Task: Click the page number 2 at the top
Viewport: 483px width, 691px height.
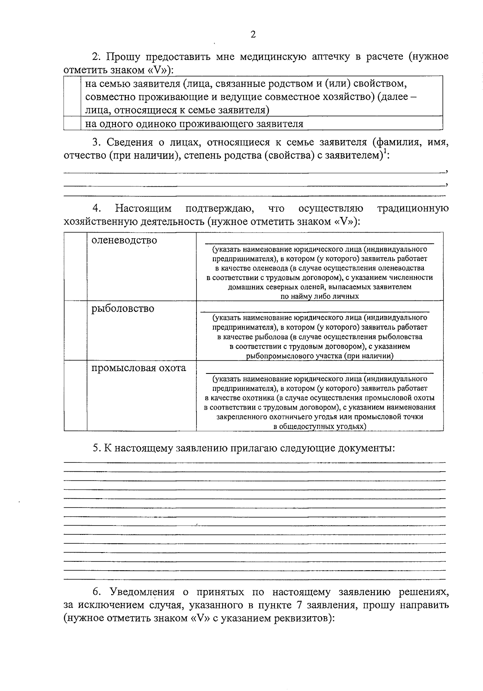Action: (253, 35)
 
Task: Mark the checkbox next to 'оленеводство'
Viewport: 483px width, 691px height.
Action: (75, 266)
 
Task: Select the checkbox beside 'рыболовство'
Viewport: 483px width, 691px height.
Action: (75, 330)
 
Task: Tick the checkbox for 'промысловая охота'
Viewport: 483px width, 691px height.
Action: (75, 395)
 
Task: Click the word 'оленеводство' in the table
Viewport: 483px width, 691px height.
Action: (124, 241)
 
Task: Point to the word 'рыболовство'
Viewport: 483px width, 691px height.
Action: (123, 309)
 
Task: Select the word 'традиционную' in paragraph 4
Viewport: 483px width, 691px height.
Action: (413, 208)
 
